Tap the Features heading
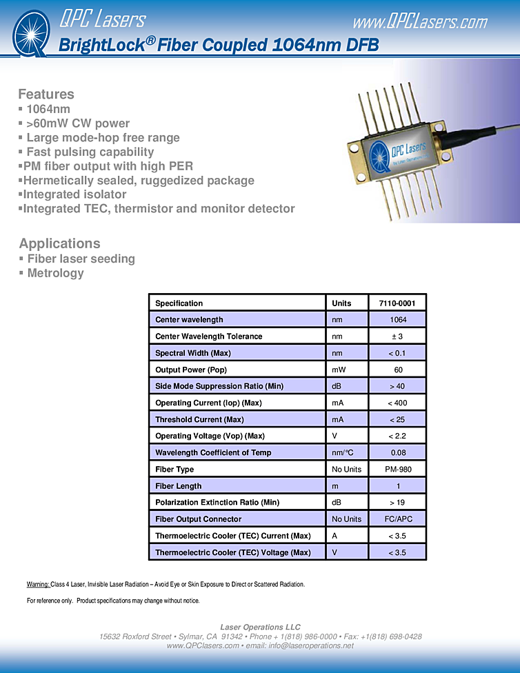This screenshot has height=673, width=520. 46,94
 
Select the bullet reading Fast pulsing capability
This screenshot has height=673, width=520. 90,152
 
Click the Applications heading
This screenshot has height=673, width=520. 59,243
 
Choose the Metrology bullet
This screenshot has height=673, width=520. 55,273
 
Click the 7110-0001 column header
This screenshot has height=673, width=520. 398,303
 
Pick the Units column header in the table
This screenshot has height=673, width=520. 341,303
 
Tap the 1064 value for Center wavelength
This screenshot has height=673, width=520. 398,320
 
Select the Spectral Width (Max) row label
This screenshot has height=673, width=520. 193,353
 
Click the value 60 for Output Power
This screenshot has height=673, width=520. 398,370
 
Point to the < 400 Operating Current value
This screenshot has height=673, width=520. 398,403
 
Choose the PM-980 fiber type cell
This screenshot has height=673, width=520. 398,470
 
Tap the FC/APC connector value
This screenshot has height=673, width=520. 398,519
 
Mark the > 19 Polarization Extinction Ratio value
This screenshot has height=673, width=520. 398,503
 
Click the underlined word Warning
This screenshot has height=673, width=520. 38,584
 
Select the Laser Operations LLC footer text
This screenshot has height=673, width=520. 260,627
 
